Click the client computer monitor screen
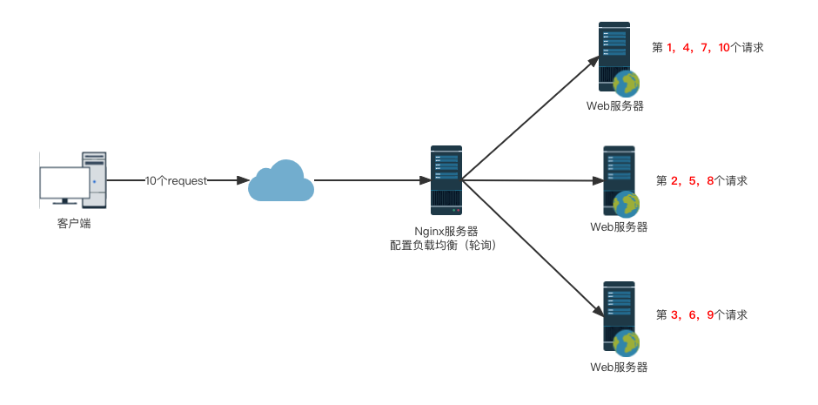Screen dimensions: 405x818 tap(64, 183)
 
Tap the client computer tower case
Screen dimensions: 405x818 tap(95, 179)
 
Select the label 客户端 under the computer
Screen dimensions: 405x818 tap(74, 224)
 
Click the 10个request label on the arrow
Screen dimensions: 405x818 tap(176, 180)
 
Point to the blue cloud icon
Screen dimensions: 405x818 tap(281, 181)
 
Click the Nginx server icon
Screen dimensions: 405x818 tap(446, 180)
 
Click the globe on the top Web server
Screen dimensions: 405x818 tap(627, 84)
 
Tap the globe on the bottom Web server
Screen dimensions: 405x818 tap(627, 341)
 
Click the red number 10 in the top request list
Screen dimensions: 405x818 tap(724, 48)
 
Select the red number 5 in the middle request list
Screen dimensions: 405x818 tap(692, 181)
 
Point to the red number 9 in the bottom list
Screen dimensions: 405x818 tap(710, 315)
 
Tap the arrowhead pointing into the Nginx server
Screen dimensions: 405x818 tap(425, 181)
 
